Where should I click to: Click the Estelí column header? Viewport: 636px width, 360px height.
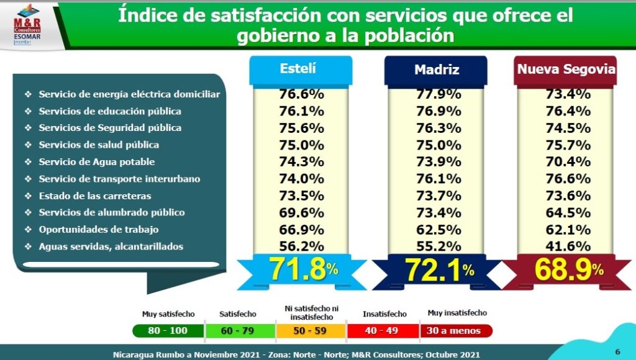300,70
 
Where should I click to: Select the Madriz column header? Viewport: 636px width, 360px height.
437,70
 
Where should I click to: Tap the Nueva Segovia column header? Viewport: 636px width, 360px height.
566,70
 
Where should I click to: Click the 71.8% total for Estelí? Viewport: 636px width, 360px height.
303,270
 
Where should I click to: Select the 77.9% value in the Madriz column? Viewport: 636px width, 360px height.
438,94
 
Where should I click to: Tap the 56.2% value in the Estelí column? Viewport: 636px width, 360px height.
301,246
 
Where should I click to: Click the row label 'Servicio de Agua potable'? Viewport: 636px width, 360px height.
96,162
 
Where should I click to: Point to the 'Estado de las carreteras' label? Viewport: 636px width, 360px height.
94,196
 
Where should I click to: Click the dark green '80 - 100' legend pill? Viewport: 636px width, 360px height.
168,331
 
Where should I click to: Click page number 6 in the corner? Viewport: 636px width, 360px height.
617,350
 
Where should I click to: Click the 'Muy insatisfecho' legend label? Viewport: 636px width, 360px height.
457,313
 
